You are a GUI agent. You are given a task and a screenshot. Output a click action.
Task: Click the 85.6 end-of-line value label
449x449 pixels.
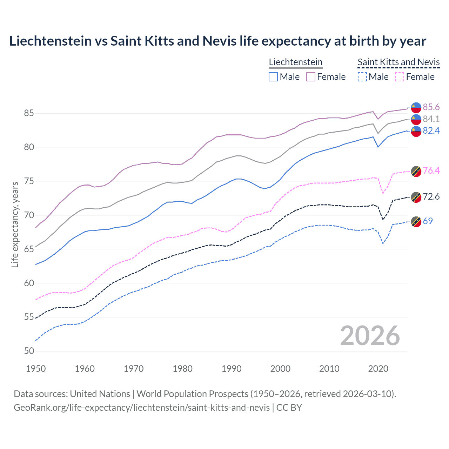431,107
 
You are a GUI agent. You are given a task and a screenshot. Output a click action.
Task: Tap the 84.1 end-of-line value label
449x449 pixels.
431,119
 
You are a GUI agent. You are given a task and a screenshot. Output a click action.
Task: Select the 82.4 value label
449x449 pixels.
431,131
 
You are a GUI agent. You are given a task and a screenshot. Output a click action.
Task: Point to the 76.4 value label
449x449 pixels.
431,171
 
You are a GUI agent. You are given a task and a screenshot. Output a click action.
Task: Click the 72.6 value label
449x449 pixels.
431,196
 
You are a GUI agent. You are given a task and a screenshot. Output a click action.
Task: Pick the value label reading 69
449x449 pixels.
428,221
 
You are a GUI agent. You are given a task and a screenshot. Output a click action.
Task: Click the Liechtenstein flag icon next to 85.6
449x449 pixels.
416,107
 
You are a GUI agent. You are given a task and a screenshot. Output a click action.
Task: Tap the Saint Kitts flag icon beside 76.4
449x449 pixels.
416,171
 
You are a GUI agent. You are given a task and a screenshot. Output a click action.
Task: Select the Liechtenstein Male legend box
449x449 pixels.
273,77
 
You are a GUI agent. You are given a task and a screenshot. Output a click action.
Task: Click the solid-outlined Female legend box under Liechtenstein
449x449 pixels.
311,77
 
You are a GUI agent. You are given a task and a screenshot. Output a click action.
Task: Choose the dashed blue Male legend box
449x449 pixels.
362,77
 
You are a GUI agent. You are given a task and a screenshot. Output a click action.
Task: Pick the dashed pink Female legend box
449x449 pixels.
400,77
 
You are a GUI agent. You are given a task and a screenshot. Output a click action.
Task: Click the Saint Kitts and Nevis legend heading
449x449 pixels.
398,62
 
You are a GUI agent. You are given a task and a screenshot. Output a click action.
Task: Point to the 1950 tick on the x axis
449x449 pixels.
36,369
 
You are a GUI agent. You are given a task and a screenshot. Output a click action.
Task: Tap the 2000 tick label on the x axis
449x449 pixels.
280,369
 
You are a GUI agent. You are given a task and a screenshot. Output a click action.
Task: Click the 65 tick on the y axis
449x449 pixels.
29,249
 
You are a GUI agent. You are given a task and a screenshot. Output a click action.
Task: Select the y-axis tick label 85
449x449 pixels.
29,113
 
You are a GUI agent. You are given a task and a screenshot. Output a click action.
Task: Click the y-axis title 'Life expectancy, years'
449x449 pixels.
15,224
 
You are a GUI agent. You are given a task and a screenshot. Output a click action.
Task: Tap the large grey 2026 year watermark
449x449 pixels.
370,336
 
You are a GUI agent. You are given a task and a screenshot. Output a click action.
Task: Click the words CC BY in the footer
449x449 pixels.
289,408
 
